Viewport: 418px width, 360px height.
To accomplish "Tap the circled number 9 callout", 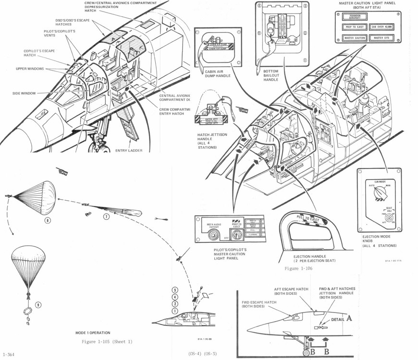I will point(38,304).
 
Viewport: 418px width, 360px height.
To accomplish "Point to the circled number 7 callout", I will point(106,216).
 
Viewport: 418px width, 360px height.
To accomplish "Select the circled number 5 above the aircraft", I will point(175,290).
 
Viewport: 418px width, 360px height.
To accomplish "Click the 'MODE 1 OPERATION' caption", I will point(93,332).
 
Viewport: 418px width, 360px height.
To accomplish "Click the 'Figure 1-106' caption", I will point(298,269).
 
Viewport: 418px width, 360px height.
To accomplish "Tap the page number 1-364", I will point(9,353).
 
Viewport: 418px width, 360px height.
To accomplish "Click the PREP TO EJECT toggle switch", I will point(235,236).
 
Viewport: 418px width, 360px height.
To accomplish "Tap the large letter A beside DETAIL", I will point(349,317).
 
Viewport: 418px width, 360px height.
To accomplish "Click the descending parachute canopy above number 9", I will point(30,262).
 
